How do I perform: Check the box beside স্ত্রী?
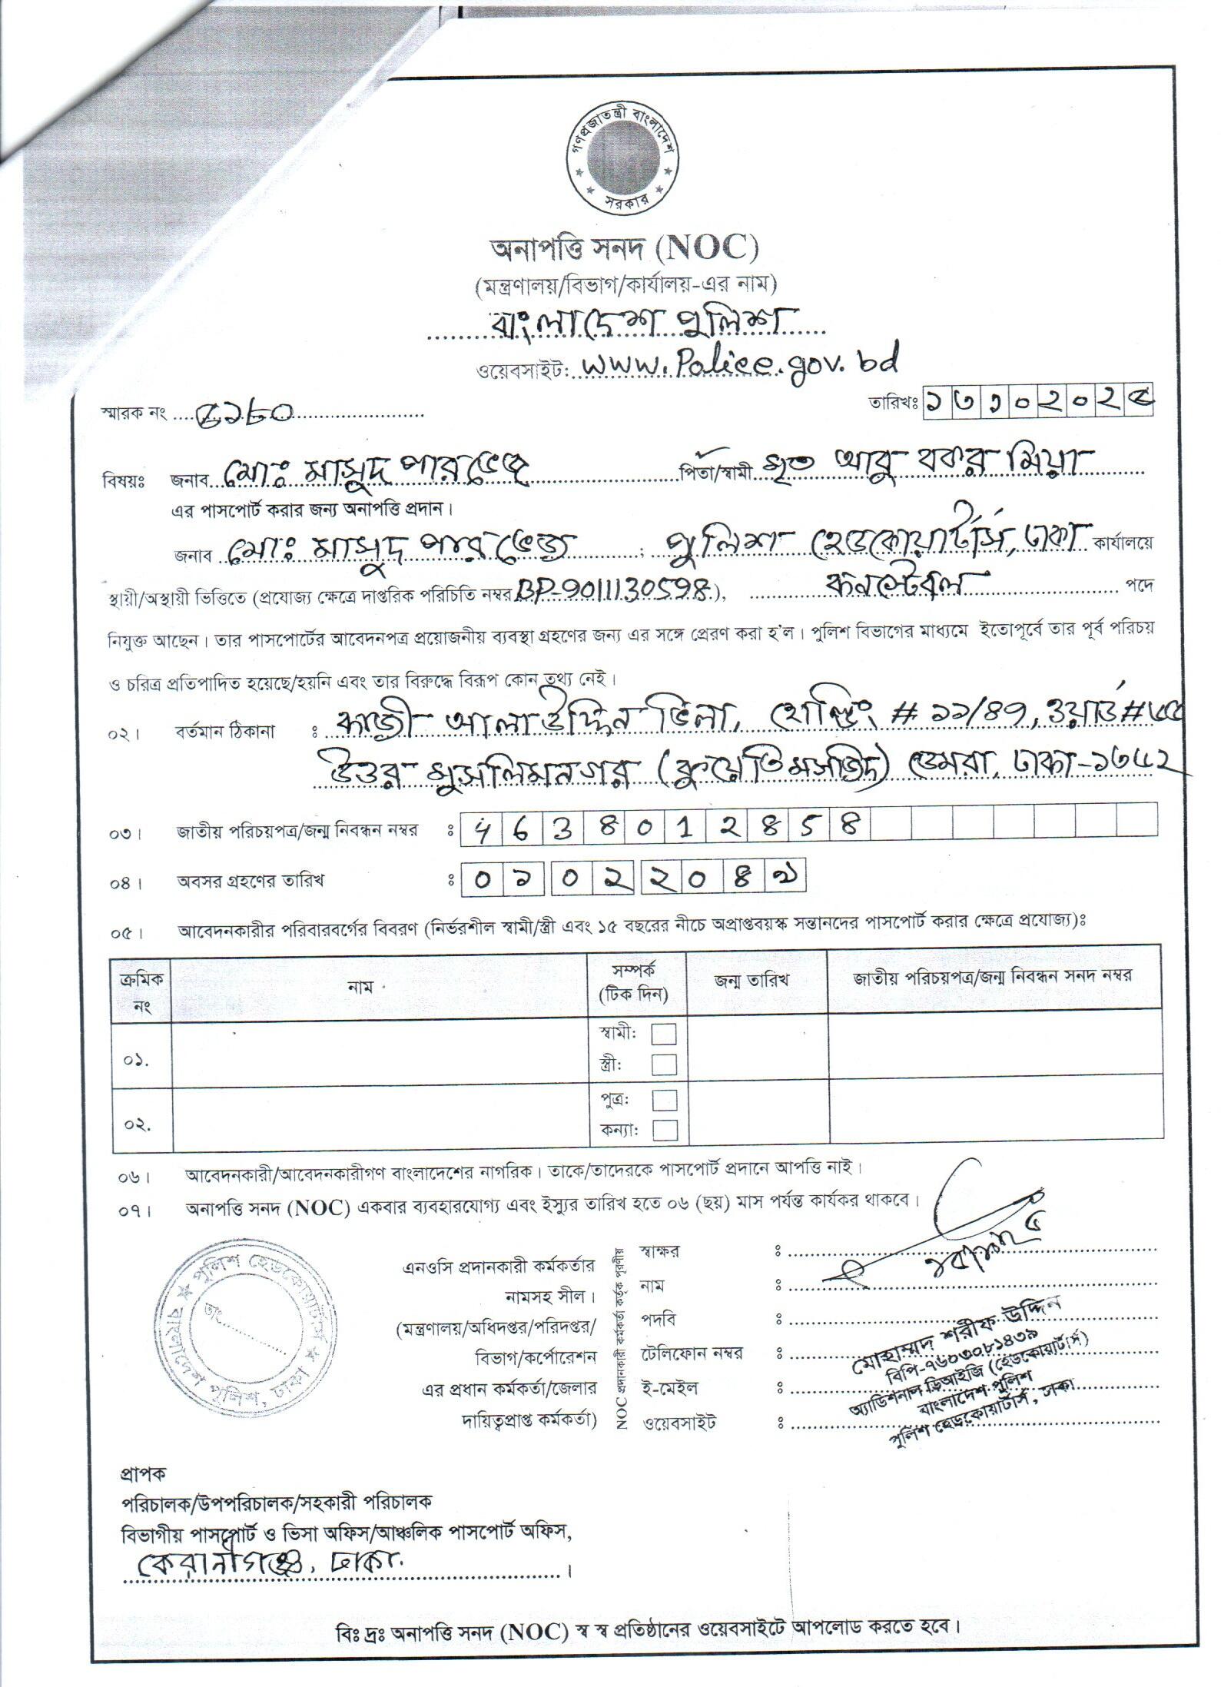point(664,1064)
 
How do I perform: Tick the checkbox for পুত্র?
point(664,1100)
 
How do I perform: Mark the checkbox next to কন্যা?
point(664,1131)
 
